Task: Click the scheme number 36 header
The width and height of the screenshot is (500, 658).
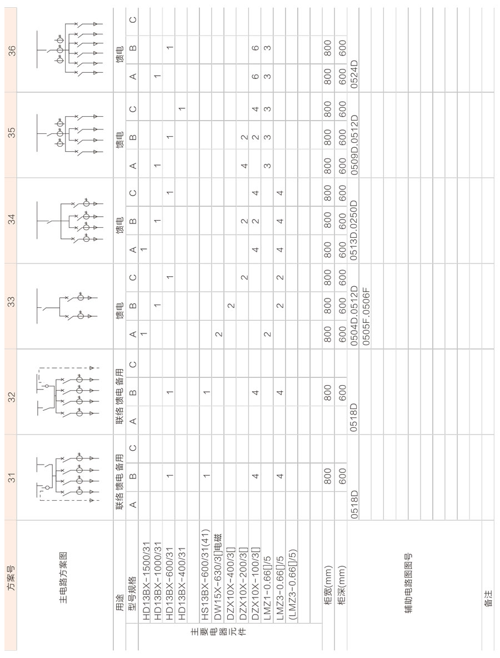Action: pyautogui.click(x=11, y=51)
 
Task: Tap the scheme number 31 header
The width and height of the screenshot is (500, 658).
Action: pyautogui.click(x=11, y=477)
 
